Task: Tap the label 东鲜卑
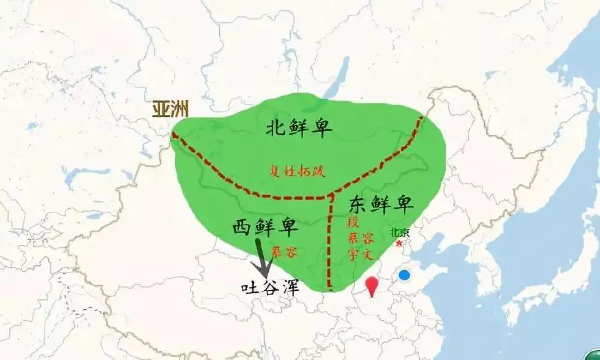click(x=381, y=203)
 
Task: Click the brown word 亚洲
click(x=170, y=109)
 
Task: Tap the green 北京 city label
click(x=399, y=233)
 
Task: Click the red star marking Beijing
click(x=400, y=243)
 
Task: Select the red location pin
click(x=371, y=285)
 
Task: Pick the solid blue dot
click(x=404, y=275)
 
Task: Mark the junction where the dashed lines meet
click(x=330, y=197)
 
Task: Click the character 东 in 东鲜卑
click(x=359, y=203)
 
